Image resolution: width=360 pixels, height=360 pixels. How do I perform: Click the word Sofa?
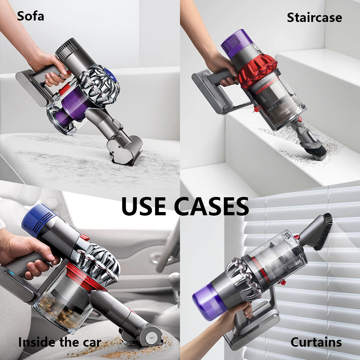click(31, 16)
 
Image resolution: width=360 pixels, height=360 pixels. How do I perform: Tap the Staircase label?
click(314, 17)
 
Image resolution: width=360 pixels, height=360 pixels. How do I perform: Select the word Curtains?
click(316, 342)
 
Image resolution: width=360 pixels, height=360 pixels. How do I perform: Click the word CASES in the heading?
click(211, 206)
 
